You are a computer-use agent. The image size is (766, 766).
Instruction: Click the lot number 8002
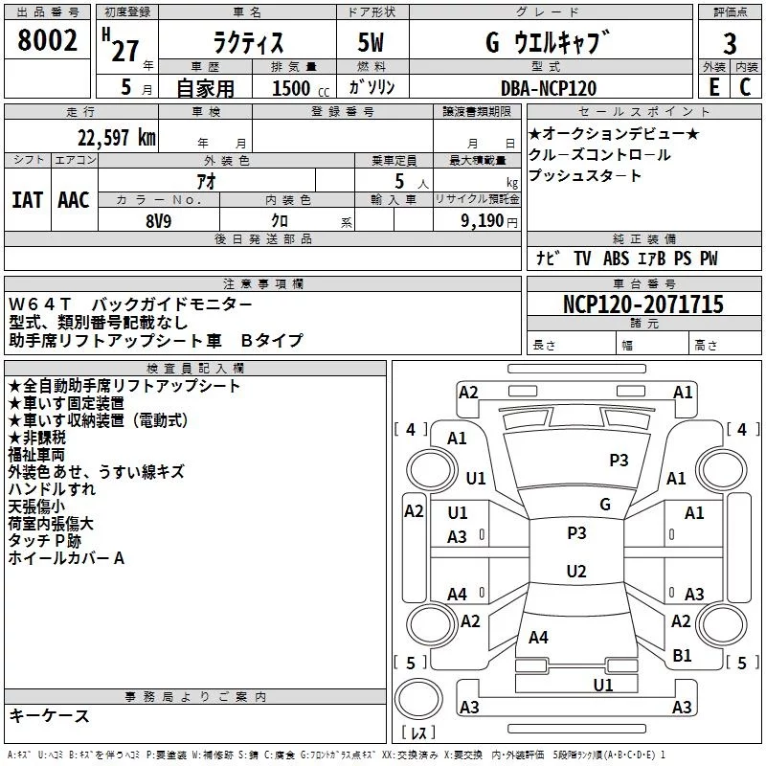coord(47,40)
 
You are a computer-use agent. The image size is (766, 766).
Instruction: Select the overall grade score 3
coord(730,44)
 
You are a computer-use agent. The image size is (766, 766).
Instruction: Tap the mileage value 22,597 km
coord(117,138)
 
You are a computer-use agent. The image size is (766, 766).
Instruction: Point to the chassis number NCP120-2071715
coord(642,304)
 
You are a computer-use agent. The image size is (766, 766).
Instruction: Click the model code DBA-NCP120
coord(549,88)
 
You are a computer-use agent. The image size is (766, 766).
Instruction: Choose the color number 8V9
coord(158,221)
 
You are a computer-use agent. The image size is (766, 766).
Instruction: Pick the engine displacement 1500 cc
coord(301,88)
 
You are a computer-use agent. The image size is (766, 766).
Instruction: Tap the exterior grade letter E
coord(714,87)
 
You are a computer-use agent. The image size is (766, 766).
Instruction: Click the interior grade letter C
coord(745,87)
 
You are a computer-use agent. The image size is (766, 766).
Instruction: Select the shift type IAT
coord(27,200)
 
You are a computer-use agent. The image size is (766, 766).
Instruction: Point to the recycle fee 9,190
coord(483,221)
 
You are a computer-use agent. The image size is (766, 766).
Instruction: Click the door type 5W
coord(371,42)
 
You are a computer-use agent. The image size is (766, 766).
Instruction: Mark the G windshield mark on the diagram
coord(605,504)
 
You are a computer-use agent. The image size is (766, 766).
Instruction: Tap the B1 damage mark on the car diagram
coord(682,655)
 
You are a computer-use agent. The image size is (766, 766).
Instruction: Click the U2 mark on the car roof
coord(576,571)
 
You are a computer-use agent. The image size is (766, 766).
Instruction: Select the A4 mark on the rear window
coord(538,637)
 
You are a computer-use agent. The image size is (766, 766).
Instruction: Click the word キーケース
coord(50,715)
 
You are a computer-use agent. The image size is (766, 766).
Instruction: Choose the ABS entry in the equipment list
coord(616,259)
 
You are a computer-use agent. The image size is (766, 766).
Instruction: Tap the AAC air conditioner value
coord(74,200)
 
